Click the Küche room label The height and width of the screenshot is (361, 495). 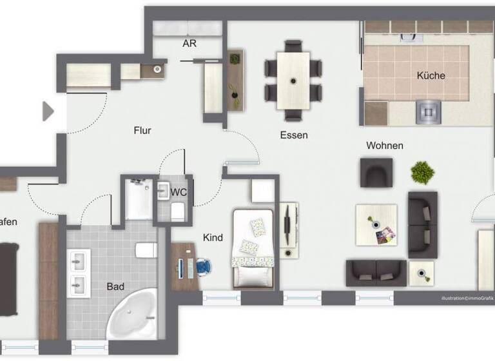coord(431,75)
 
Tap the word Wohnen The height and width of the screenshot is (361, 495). coord(385,146)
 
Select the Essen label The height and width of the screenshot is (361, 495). coord(294,135)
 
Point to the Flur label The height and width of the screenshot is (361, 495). coord(142,130)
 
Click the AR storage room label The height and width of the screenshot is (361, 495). coord(189,44)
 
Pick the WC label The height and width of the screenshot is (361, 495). coord(179,191)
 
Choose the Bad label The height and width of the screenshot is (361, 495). coord(116,286)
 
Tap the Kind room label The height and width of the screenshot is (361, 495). coord(213,238)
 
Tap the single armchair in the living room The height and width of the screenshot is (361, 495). coord(376,172)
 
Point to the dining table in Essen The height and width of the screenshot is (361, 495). coord(294,81)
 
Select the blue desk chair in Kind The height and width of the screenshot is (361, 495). coord(204,266)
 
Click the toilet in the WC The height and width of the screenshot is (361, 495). coord(177,210)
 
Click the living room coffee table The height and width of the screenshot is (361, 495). coord(376,224)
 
